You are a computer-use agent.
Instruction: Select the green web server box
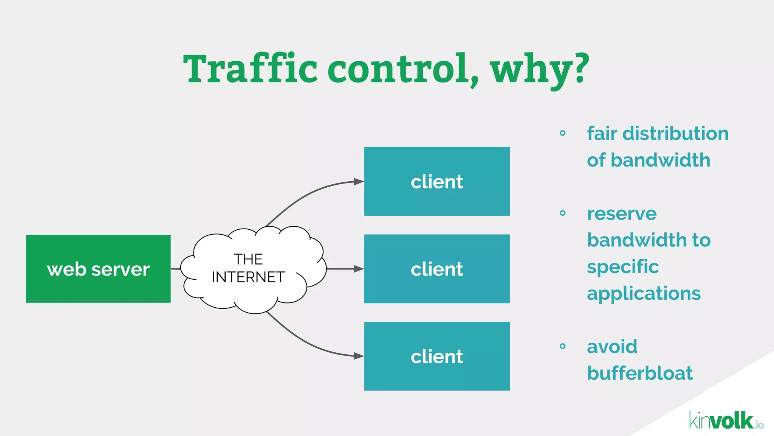pyautogui.click(x=98, y=269)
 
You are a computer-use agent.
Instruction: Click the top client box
pyautogui.click(x=437, y=181)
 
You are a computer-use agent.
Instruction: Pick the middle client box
pyautogui.click(x=437, y=269)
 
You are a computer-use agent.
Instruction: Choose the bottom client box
pyautogui.click(x=437, y=356)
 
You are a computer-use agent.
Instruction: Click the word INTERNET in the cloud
pyautogui.click(x=248, y=277)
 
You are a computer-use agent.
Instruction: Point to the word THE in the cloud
pyautogui.click(x=248, y=259)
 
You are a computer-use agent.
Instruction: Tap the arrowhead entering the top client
pyautogui.click(x=358, y=182)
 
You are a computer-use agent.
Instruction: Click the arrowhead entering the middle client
pyautogui.click(x=358, y=269)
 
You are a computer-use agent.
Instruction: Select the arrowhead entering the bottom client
pyautogui.click(x=358, y=356)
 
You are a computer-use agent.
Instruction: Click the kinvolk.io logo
pyautogui.click(x=726, y=420)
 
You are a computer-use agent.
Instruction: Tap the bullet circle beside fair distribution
pyautogui.click(x=563, y=133)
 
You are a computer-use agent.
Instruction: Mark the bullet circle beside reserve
pyautogui.click(x=563, y=213)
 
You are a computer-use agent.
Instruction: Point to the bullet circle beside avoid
pyautogui.click(x=563, y=346)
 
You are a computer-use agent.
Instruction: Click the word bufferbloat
pyautogui.click(x=640, y=373)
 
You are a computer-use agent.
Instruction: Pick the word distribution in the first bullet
pyautogui.click(x=675, y=134)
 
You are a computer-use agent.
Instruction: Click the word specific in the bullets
pyautogui.click(x=623, y=267)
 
